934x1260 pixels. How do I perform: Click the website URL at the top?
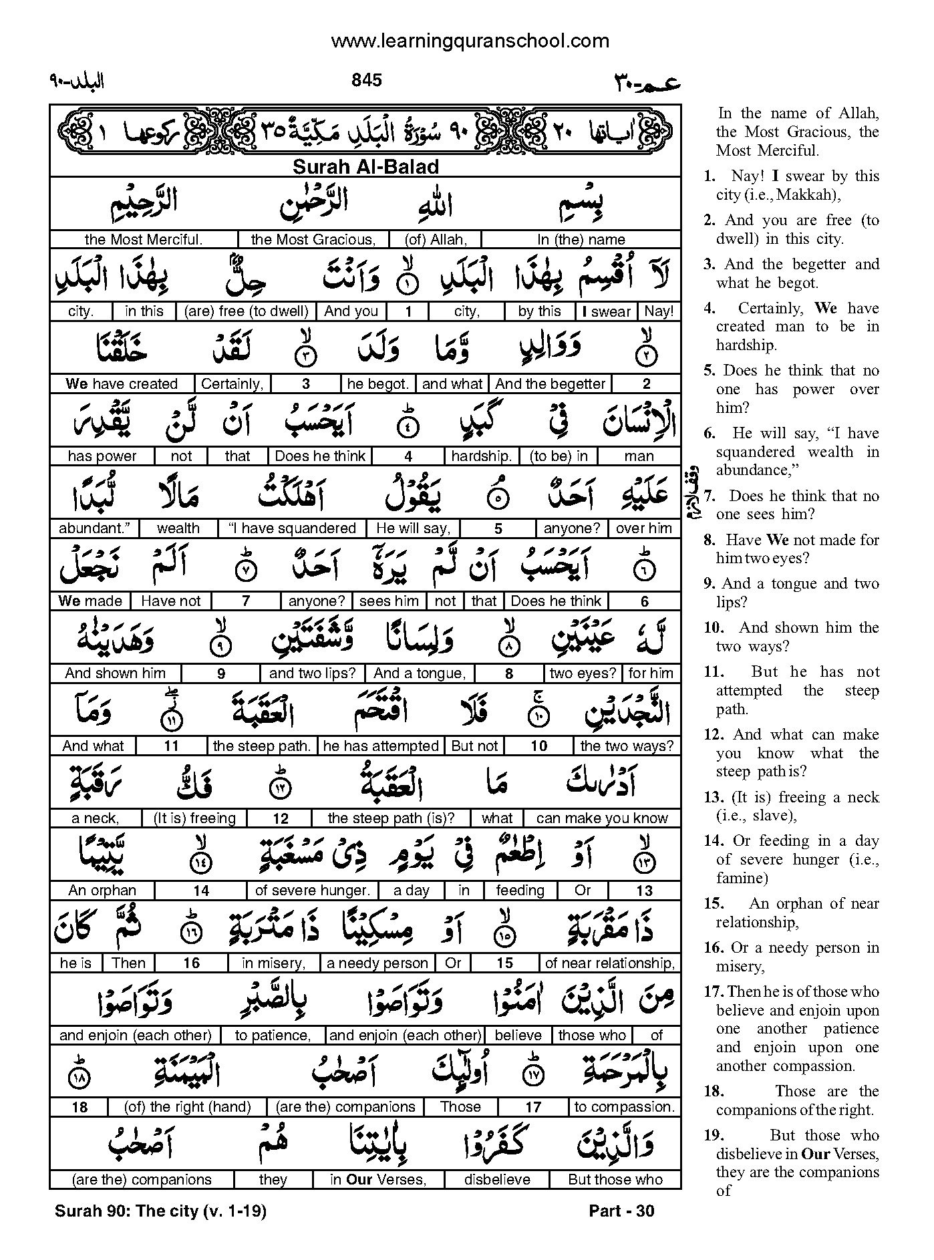pos(470,41)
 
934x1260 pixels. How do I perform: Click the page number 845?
pos(366,80)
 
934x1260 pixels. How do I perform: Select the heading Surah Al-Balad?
pos(365,167)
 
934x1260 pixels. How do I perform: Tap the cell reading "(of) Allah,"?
pos(436,239)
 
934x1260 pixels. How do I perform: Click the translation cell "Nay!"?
pos(659,311)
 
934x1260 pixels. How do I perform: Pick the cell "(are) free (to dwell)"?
pos(247,311)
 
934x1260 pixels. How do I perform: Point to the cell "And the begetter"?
pos(551,383)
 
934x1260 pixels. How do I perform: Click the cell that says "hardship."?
pos(481,456)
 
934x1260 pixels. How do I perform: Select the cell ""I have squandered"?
pos(292,528)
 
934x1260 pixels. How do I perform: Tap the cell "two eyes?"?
pos(583,673)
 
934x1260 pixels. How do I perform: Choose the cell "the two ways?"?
pos(627,746)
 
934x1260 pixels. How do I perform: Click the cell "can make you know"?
pos(602,818)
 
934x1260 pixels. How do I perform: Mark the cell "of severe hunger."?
pos(312,890)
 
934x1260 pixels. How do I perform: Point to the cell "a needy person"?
pos(377,963)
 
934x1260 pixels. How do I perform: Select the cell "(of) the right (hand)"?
pos(188,1107)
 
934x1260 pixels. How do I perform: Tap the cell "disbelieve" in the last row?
pos(497,1179)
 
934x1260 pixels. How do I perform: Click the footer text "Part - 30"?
pos(621,1211)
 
